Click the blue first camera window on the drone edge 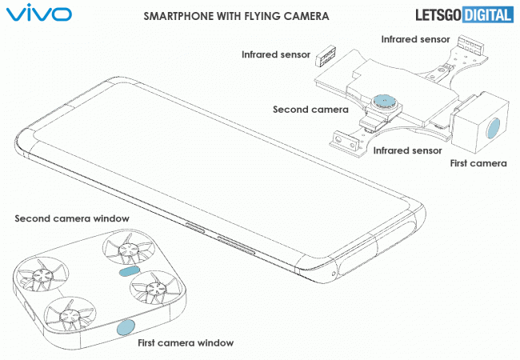tap(126, 326)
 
